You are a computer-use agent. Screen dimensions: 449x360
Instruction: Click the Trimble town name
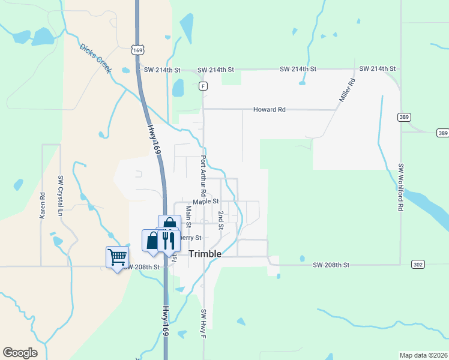coord(205,254)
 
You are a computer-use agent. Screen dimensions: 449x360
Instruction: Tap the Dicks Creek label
coord(95,59)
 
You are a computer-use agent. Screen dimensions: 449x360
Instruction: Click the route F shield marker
coord(203,86)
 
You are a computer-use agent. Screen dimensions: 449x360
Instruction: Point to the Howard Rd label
coord(269,110)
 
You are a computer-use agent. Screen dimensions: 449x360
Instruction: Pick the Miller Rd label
coord(346,88)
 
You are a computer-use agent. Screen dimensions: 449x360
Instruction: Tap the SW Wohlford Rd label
coord(400,187)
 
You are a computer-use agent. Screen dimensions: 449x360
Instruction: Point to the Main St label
coord(188,217)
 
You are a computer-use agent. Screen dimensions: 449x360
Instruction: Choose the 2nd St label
coord(221,220)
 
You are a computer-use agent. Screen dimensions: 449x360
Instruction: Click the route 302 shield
coord(419,264)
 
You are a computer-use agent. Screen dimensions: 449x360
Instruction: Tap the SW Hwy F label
coord(203,323)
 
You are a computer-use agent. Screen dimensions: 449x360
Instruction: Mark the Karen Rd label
coord(43,205)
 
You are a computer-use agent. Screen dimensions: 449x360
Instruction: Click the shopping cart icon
coord(117,257)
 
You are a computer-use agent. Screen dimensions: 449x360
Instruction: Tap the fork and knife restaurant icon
coord(169,241)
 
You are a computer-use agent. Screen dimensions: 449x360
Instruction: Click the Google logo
coord(20,353)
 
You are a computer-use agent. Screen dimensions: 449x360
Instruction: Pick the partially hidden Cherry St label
coord(187,238)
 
